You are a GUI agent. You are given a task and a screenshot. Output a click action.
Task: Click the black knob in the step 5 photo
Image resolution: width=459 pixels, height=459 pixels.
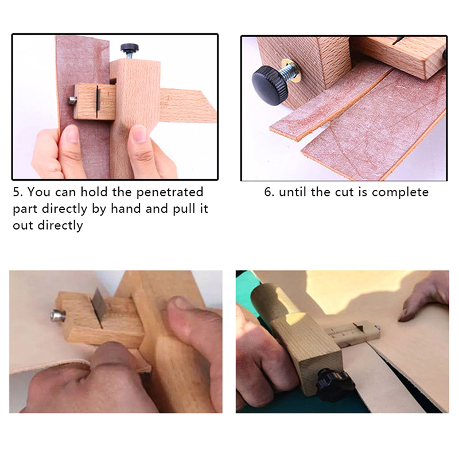[x=129, y=47]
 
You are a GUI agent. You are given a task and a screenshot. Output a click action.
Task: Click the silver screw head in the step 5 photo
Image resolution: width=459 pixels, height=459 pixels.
[x=73, y=100]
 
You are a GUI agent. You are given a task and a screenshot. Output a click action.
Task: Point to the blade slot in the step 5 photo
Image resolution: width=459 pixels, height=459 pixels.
[x=97, y=99]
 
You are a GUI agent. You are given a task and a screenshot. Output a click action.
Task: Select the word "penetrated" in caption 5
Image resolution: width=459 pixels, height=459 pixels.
[x=170, y=192]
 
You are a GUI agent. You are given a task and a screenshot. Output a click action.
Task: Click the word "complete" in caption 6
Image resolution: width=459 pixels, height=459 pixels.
[x=400, y=193]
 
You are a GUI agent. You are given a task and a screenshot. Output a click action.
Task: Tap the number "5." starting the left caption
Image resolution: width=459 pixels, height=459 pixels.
[x=18, y=192]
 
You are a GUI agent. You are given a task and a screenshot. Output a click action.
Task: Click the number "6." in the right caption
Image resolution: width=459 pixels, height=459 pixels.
[x=269, y=192]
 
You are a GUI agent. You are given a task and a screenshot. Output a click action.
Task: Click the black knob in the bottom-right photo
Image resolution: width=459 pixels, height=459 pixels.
[x=334, y=383]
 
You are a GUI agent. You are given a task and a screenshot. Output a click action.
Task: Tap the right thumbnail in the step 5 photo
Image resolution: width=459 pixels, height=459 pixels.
[x=139, y=134]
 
